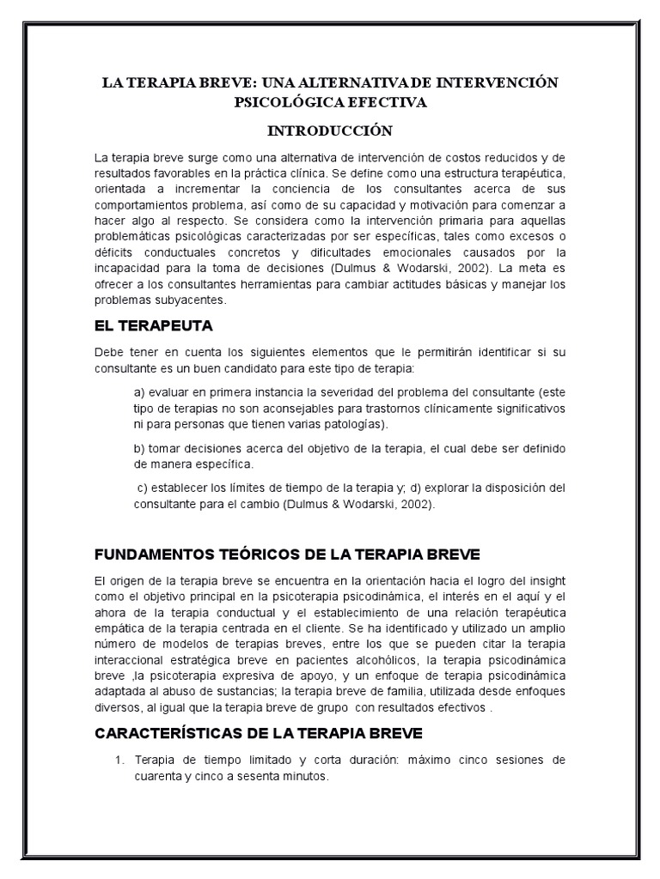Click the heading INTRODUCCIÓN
330,130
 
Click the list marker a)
138,392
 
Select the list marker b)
138,449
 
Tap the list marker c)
142,488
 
